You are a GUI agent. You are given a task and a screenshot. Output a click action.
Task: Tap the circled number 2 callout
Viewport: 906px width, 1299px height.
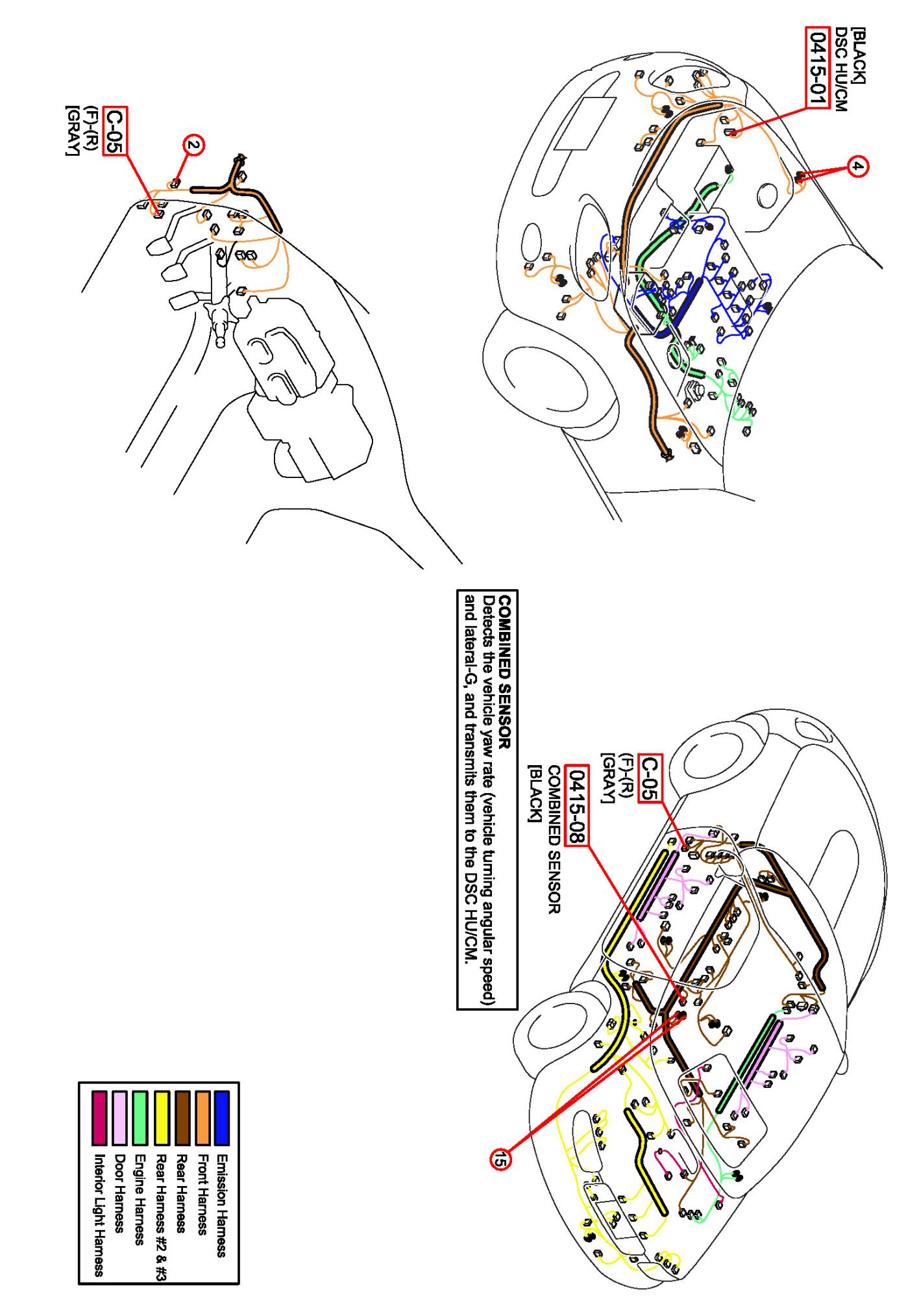coord(192,146)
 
